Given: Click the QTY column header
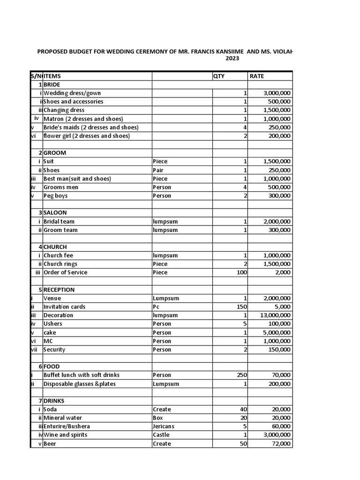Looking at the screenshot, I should pyautogui.click(x=219, y=76).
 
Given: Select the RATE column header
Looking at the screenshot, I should pyautogui.click(x=257, y=76).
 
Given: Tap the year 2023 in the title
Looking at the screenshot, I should pyautogui.click(x=232, y=59).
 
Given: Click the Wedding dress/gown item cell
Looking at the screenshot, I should pyautogui.click(x=72, y=93).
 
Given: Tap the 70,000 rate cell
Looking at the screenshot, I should pyautogui.click(x=281, y=375).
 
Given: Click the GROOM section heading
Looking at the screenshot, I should pyautogui.click(x=55, y=153).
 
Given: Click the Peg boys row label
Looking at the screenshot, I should pyautogui.click(x=56, y=196).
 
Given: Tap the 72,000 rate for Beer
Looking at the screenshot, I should pyautogui.click(x=281, y=444).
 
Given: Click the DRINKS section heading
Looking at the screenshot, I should pyautogui.click(x=54, y=401).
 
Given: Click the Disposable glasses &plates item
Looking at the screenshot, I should pyautogui.click(x=79, y=384).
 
